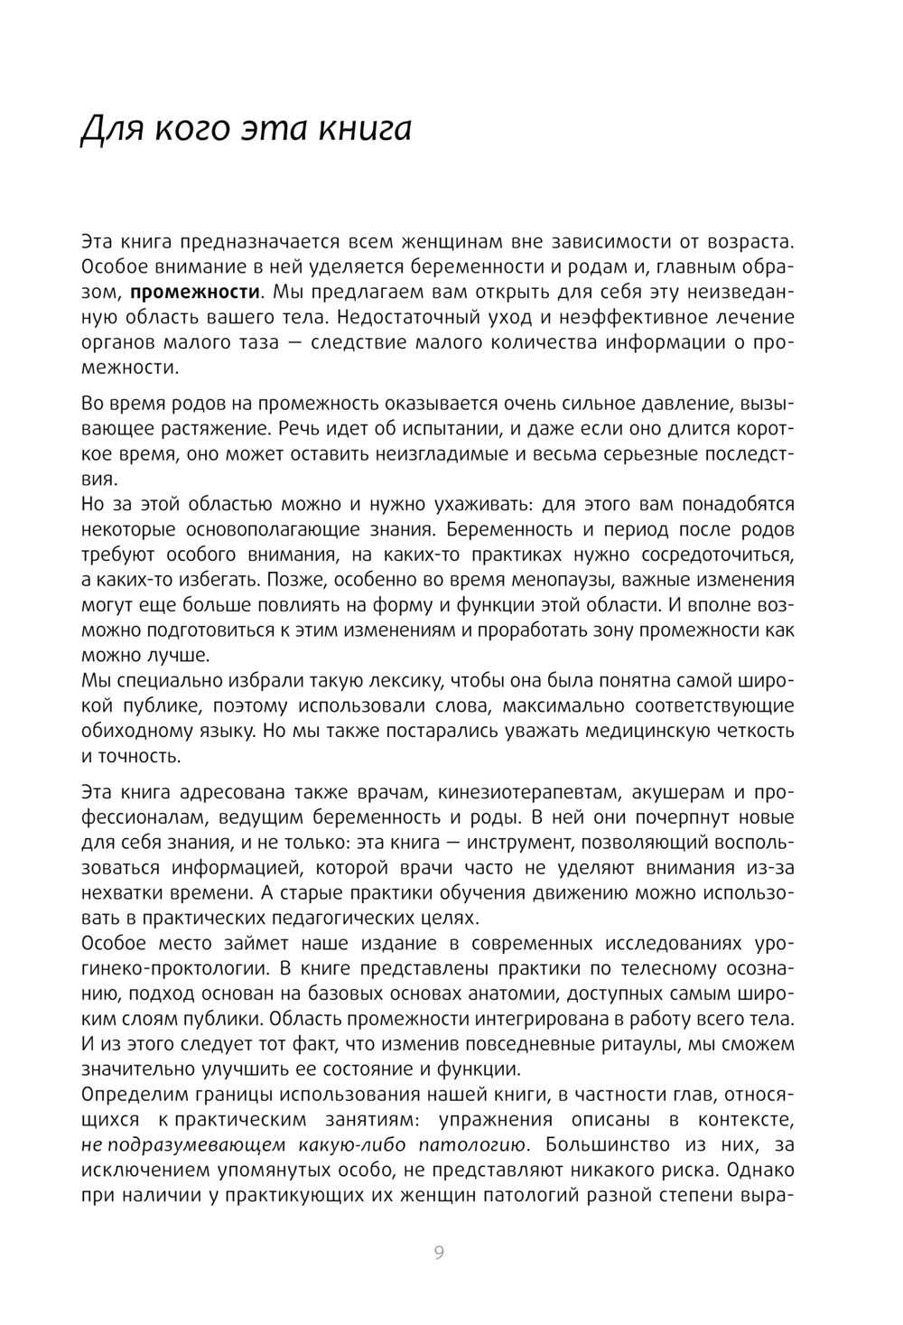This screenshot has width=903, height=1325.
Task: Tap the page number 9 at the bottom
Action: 439,1252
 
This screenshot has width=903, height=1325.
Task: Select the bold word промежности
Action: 196,292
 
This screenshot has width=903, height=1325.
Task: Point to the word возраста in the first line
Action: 749,242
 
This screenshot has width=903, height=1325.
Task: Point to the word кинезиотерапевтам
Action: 529,792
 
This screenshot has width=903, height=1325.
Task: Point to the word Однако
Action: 759,1171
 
